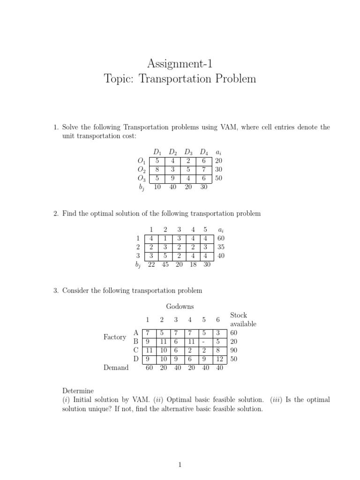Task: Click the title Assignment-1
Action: coord(180,63)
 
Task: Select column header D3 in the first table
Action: coord(188,152)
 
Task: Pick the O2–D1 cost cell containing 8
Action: coord(157,169)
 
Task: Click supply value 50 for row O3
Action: coord(218,178)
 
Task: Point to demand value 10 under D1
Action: coord(157,187)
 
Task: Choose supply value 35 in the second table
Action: coord(221,247)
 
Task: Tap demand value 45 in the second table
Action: coord(165,264)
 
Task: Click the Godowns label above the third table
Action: coord(180,307)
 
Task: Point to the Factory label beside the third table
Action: coord(115,337)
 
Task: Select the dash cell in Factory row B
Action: coord(204,342)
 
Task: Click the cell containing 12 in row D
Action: coord(218,359)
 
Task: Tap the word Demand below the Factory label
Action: coord(116,368)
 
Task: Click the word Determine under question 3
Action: coord(78,391)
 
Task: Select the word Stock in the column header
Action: coord(239,315)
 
